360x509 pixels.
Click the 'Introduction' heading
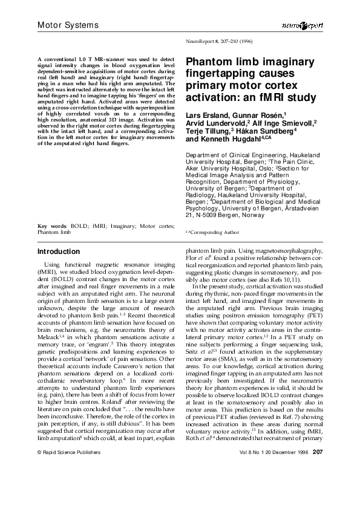[58, 251]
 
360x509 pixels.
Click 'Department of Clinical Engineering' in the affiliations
[234, 155]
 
